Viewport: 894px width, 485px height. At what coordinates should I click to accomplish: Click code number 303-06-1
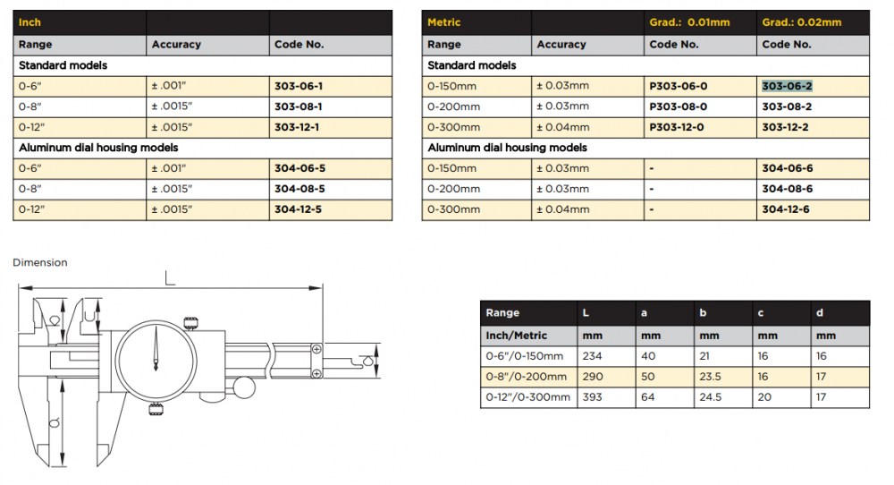(299, 86)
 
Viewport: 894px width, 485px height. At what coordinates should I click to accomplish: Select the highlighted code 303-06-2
(787, 86)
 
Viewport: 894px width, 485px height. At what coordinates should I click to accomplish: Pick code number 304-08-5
(299, 189)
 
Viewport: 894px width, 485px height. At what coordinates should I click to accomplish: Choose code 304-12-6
(786, 209)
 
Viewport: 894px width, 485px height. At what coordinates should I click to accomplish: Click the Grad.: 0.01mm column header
(689, 22)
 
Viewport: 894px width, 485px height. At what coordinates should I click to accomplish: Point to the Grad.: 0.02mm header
(802, 22)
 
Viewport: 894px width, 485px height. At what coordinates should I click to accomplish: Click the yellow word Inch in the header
(30, 22)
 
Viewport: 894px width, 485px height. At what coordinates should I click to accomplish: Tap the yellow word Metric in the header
(443, 22)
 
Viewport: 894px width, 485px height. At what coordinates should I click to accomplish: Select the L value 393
(592, 397)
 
